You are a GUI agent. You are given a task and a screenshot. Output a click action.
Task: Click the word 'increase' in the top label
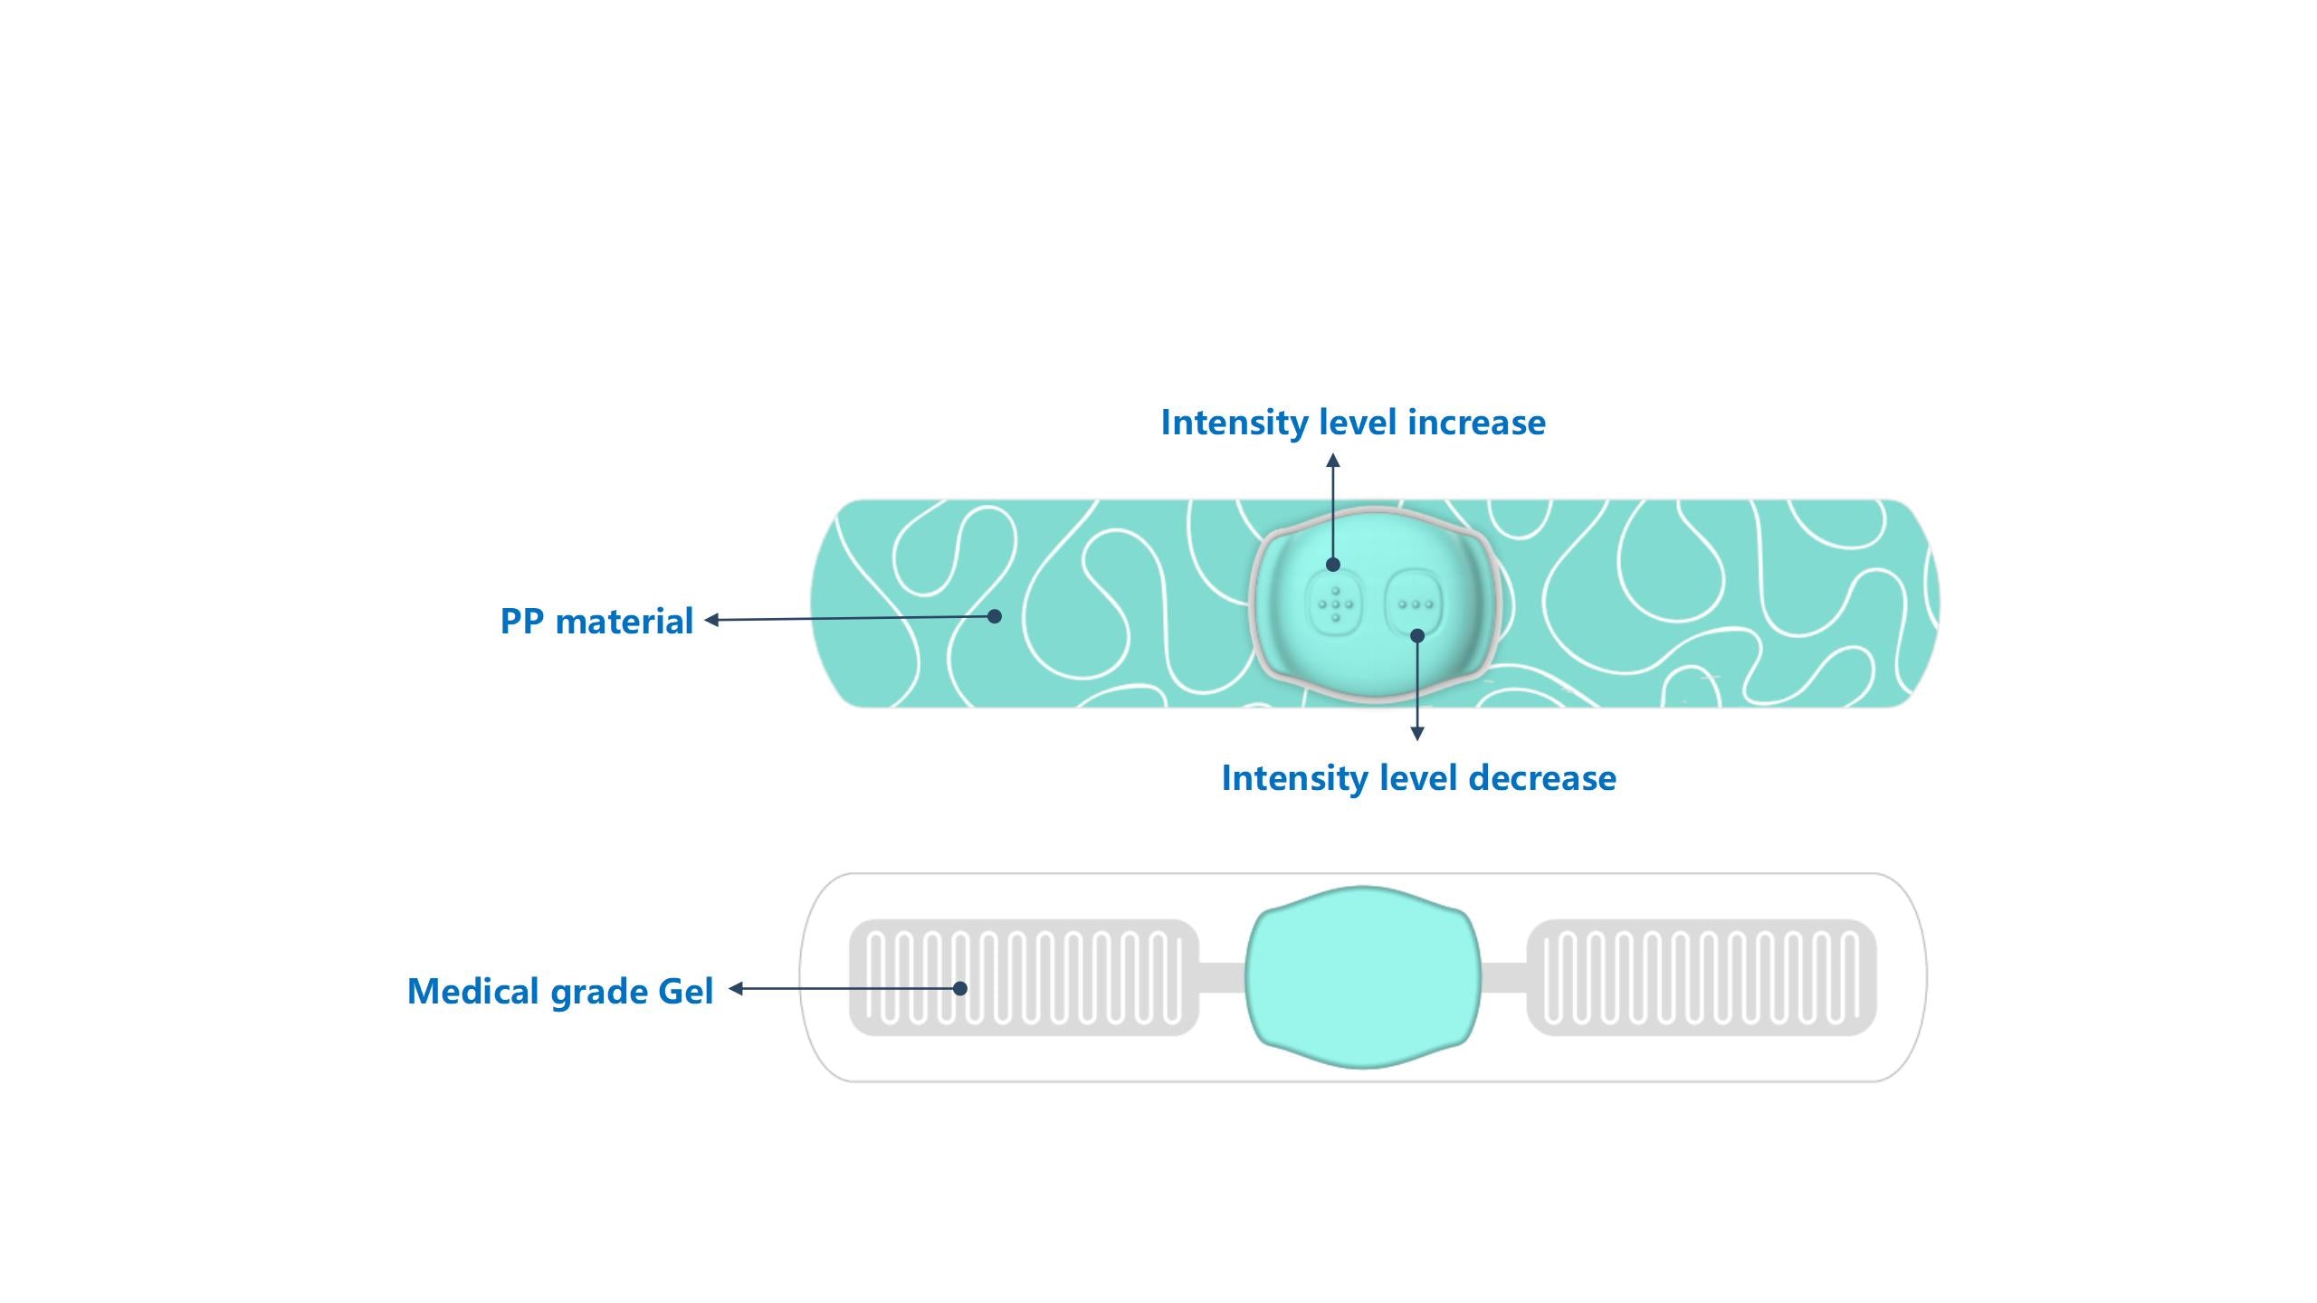1476,423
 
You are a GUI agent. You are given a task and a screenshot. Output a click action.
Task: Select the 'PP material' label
596,622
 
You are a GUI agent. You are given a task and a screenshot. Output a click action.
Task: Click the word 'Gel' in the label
685,992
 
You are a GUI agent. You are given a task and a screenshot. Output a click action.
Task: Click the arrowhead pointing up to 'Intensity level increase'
1333,461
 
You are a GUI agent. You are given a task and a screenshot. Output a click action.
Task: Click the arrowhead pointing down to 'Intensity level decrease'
1417,734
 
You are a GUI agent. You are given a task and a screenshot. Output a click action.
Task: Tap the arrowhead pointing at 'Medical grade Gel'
736,988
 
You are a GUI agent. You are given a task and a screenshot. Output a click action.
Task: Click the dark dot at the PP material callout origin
995,616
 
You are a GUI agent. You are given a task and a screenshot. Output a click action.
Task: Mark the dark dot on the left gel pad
960,988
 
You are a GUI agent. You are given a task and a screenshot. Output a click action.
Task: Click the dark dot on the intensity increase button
1333,565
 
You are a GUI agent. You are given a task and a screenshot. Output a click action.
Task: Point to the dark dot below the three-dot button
1417,636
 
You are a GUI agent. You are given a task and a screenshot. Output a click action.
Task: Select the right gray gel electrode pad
1701,977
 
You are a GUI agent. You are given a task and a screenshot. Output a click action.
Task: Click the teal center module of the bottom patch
1363,977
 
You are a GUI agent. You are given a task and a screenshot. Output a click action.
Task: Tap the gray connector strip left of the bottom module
1222,977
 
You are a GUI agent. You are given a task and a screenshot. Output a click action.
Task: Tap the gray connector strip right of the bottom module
1504,977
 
